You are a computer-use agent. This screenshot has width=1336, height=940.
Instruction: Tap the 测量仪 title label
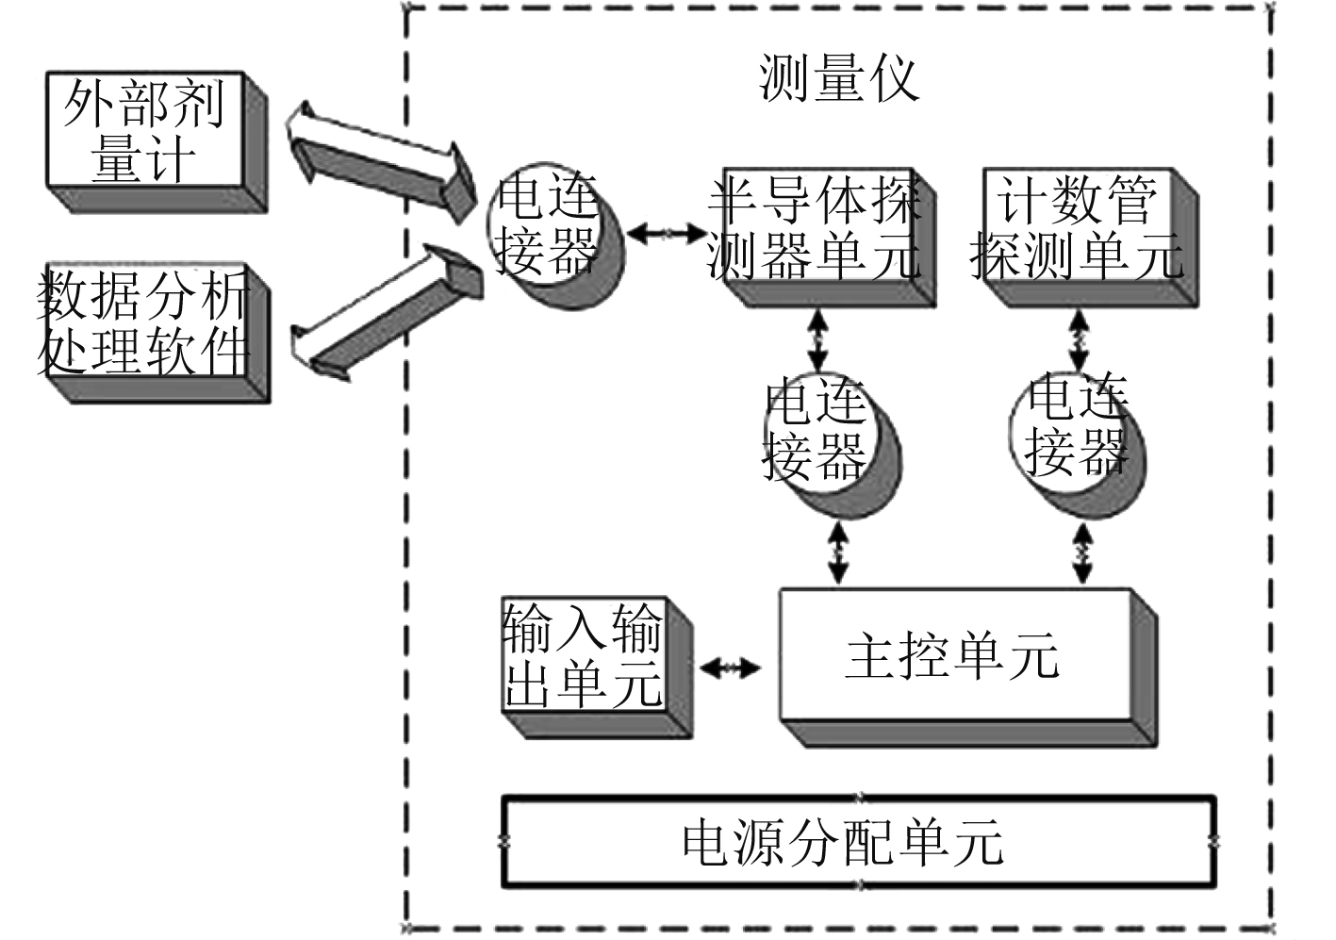point(838,77)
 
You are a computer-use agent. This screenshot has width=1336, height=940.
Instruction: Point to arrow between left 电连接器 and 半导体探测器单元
point(666,232)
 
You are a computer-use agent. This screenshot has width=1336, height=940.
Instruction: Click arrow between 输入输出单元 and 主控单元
point(730,668)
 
